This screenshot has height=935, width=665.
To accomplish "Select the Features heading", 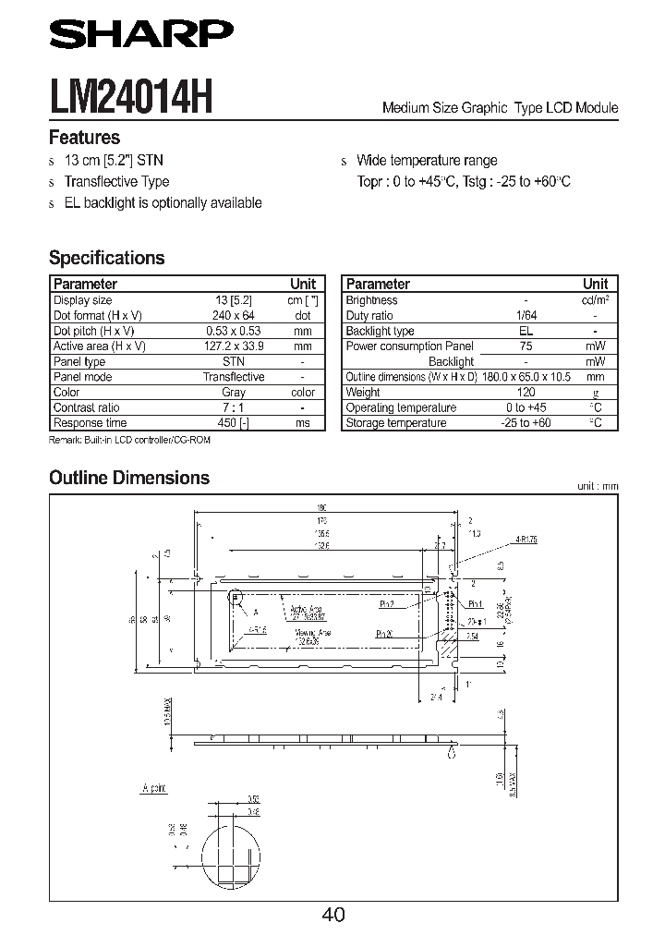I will click(x=84, y=139).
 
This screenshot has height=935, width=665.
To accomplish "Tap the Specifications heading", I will click(x=106, y=258).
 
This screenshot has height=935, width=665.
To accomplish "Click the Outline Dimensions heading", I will click(x=128, y=478).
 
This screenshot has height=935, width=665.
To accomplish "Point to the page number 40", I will click(x=333, y=914).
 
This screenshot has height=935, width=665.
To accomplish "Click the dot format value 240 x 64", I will click(x=234, y=315).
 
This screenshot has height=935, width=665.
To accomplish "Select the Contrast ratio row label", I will click(x=86, y=407).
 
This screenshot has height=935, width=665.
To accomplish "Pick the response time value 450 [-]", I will click(x=234, y=423).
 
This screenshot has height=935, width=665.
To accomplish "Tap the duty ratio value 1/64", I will click(x=526, y=315).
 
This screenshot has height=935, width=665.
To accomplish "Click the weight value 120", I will click(x=526, y=393).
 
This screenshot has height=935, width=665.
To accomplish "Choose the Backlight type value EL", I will click(x=526, y=331).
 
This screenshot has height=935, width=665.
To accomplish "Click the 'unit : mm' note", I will click(x=597, y=486).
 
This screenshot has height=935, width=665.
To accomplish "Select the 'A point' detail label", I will click(x=155, y=787).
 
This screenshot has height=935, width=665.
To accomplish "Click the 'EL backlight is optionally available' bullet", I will click(x=163, y=203).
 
